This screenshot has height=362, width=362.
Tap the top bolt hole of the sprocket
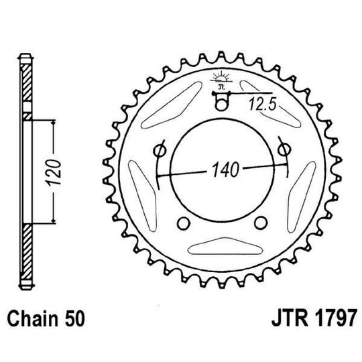pyautogui.click(x=220, y=103)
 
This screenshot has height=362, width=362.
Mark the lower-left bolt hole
pyautogui.click(x=182, y=224)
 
